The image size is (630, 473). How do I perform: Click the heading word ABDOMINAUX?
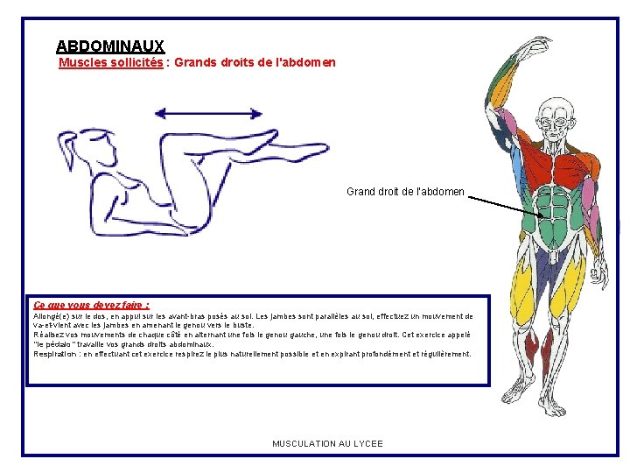pos(109,46)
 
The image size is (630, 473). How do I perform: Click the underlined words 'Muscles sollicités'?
pos(110,63)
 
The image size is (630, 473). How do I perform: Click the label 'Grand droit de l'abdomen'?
pos(405,192)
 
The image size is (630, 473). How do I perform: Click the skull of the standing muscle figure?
pos(555,113)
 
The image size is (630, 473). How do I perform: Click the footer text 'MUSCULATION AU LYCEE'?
pos(327,444)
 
